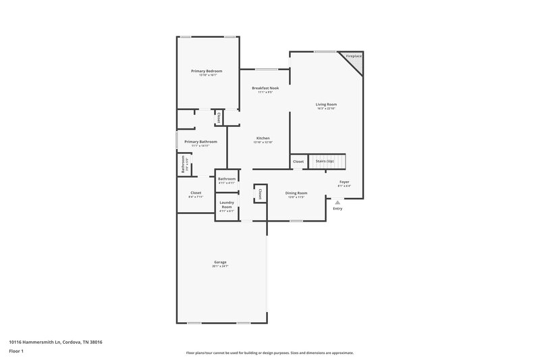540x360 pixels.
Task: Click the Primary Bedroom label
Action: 206,71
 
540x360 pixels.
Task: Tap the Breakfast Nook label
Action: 265,88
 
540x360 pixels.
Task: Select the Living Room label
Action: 326,105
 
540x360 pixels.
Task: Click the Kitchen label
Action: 263,138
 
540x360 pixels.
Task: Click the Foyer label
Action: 344,182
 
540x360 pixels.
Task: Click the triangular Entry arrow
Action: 337,201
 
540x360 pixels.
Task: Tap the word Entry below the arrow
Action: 337,208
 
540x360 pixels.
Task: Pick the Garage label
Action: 220,262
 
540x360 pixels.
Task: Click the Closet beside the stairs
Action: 298,161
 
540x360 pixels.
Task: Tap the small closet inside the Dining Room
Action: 259,194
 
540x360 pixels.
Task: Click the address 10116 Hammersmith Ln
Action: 55,342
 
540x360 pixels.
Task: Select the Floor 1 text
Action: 16,352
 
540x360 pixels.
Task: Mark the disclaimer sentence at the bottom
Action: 269,353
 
